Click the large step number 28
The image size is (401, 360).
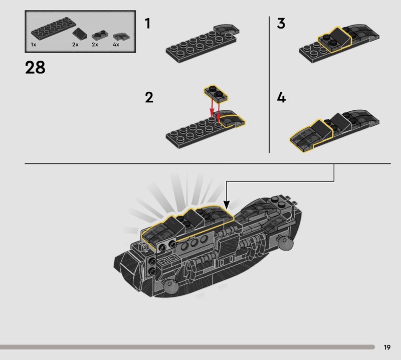[x=35, y=68]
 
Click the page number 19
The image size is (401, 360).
[x=387, y=347]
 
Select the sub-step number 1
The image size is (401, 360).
[x=147, y=24]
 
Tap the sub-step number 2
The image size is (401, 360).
[x=149, y=97]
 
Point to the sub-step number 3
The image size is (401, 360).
[x=281, y=24]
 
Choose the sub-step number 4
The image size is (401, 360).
[x=281, y=97]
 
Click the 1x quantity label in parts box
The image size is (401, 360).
[x=34, y=45]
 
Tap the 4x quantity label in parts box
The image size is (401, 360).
[x=116, y=45]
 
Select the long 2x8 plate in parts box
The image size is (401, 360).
[x=54, y=29]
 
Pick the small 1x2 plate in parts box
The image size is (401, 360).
[x=99, y=35]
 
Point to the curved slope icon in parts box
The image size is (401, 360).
[x=121, y=37]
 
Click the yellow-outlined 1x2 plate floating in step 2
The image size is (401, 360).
[x=216, y=93]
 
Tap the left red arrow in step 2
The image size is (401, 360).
[x=212, y=107]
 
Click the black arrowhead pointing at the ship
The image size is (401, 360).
[x=227, y=205]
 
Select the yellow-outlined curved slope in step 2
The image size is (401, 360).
[x=232, y=120]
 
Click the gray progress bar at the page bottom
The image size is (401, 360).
[x=187, y=347]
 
